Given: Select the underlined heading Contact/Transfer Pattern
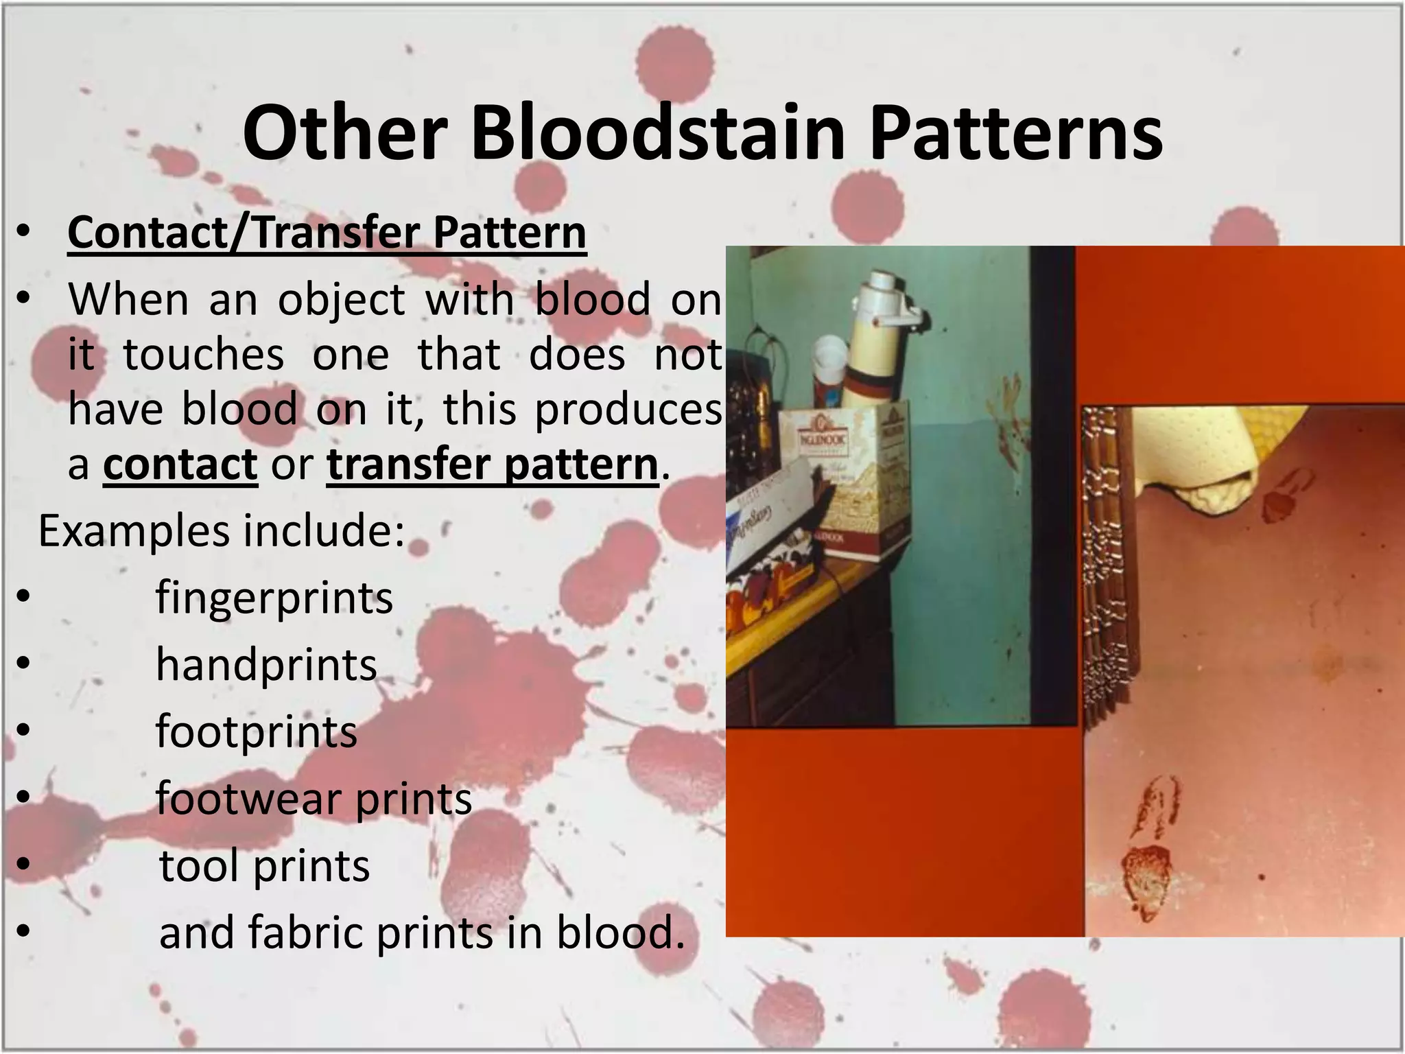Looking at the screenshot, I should [327, 233].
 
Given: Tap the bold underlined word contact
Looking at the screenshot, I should [180, 465].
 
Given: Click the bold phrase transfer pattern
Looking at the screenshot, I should [493, 465].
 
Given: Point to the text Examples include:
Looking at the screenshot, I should [222, 531].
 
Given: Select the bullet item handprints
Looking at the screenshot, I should [266, 664].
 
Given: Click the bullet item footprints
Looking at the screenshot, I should [257, 731].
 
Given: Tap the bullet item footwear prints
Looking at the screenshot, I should [314, 798].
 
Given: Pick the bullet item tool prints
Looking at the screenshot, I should [264, 865].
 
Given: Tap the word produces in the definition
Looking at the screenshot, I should [628, 410].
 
